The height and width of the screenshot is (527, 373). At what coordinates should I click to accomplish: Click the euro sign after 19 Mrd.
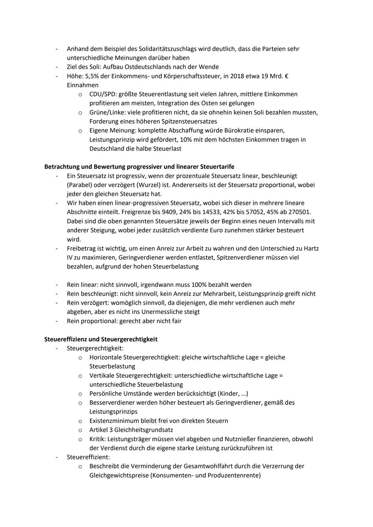pyautogui.click(x=286, y=76)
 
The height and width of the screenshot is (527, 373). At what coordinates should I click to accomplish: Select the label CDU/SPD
pyautogui.click(x=102, y=94)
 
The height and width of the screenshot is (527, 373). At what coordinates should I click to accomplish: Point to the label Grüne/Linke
pyautogui.click(x=105, y=113)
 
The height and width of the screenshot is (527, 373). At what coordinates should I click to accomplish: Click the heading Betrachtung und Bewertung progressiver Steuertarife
pyautogui.click(x=139, y=167)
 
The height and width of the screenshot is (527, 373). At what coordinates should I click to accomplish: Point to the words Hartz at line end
pyautogui.click(x=310, y=248)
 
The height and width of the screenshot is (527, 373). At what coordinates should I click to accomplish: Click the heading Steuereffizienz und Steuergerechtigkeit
pyautogui.click(x=101, y=339)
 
